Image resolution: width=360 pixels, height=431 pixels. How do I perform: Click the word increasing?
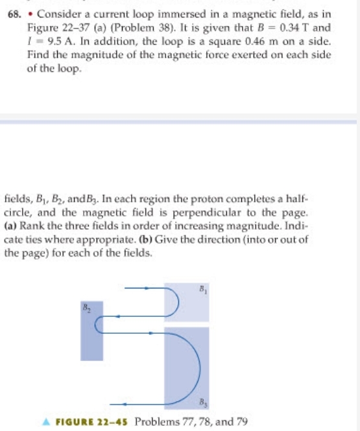pyautogui.click(x=213, y=222)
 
